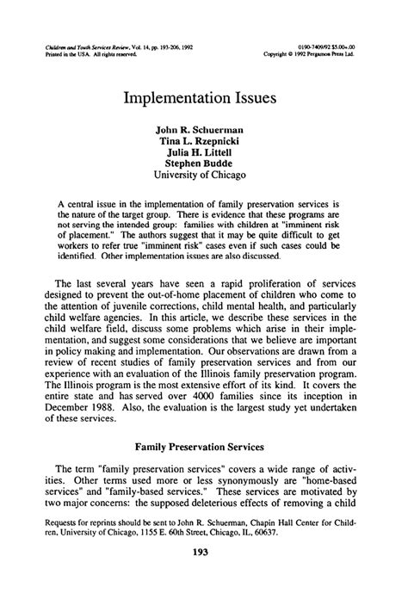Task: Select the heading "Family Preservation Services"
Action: pyautogui.click(x=203, y=471)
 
